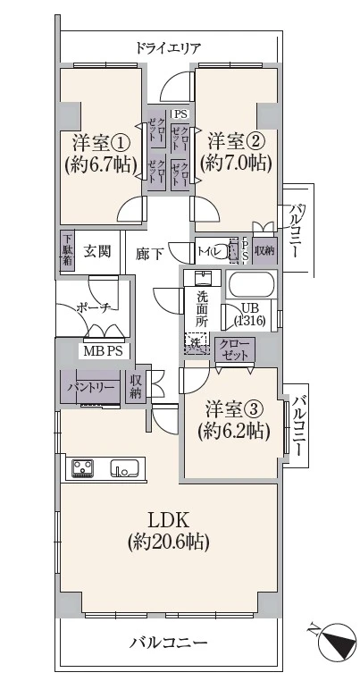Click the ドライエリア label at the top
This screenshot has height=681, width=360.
(168, 47)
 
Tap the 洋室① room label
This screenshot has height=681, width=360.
(100, 141)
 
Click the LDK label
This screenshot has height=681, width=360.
(168, 520)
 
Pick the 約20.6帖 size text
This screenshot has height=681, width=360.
(168, 542)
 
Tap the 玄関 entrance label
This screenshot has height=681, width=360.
(98, 252)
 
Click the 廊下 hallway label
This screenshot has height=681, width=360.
(149, 254)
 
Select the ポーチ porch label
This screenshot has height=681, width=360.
(93, 307)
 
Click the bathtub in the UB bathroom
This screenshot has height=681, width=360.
(251, 285)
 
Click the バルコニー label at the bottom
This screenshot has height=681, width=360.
(168, 642)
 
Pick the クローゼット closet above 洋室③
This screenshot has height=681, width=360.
(235, 349)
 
